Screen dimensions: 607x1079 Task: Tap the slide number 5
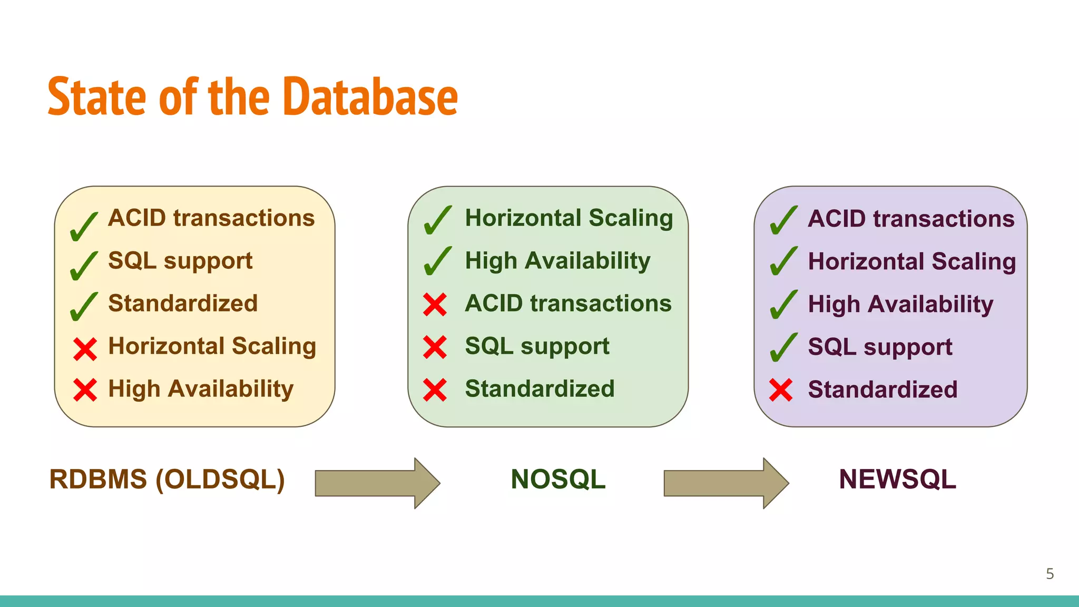(1049, 574)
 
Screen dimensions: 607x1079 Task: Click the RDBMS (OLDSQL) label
(167, 479)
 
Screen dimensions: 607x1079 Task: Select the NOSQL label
(558, 479)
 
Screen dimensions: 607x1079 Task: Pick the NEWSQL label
(897, 479)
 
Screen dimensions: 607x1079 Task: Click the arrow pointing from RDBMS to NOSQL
(377, 483)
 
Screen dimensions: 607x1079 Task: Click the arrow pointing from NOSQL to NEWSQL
(725, 483)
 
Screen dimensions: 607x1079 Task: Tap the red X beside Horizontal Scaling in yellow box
(85, 349)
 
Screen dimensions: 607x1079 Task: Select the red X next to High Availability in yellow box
(85, 390)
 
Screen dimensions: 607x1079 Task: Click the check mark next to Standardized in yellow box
(83, 307)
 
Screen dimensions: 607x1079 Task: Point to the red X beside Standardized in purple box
(781, 390)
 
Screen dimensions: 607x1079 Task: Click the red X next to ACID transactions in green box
(435, 305)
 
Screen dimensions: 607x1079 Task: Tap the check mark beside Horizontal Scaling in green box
(437, 220)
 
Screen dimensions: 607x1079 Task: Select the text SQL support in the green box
(537, 347)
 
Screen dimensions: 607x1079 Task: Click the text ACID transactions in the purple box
(911, 219)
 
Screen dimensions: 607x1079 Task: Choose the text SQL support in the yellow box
(180, 261)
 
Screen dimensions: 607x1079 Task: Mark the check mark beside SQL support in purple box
(783, 348)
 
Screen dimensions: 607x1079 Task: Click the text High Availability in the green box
(557, 261)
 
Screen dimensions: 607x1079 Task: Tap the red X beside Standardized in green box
(435, 390)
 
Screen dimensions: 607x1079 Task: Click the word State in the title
(97, 97)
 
